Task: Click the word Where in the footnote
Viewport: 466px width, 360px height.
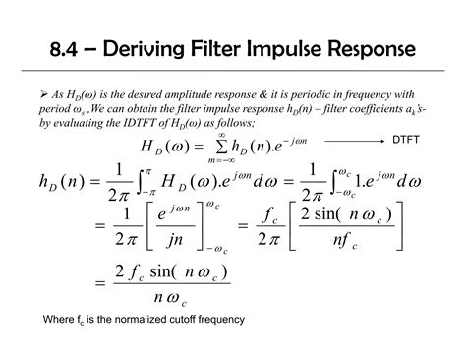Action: [58, 320]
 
